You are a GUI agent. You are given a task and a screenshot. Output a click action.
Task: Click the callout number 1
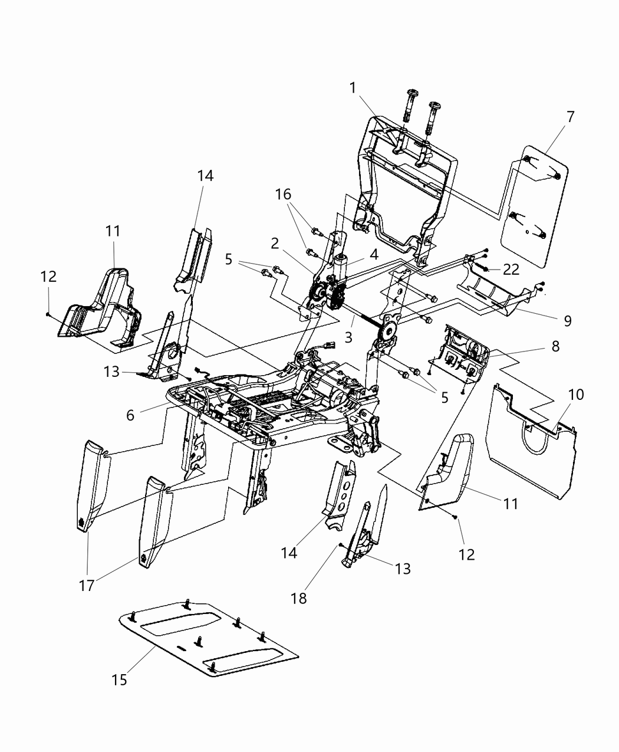coord(353,88)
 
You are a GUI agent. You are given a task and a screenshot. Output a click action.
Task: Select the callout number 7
coord(569,117)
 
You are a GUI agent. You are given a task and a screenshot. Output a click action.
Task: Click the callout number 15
coord(119,679)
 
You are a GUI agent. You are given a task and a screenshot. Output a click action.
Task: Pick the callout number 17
coord(86,586)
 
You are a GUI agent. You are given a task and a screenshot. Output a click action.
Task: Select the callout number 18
coord(299,597)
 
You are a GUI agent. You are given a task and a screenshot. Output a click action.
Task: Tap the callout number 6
coord(130,415)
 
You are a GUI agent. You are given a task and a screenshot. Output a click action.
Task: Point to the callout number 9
coord(567,320)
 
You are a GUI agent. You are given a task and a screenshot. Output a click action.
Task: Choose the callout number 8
coord(555,346)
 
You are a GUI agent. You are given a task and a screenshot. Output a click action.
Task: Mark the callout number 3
coord(349,338)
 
